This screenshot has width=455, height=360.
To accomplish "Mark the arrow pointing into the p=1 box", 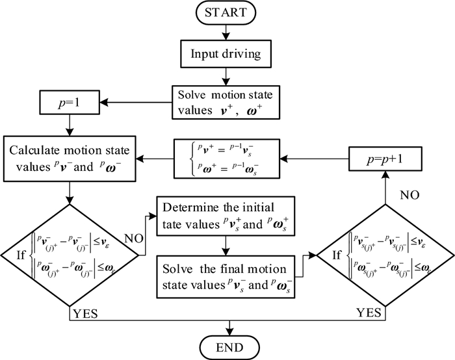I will (x=130, y=102).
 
